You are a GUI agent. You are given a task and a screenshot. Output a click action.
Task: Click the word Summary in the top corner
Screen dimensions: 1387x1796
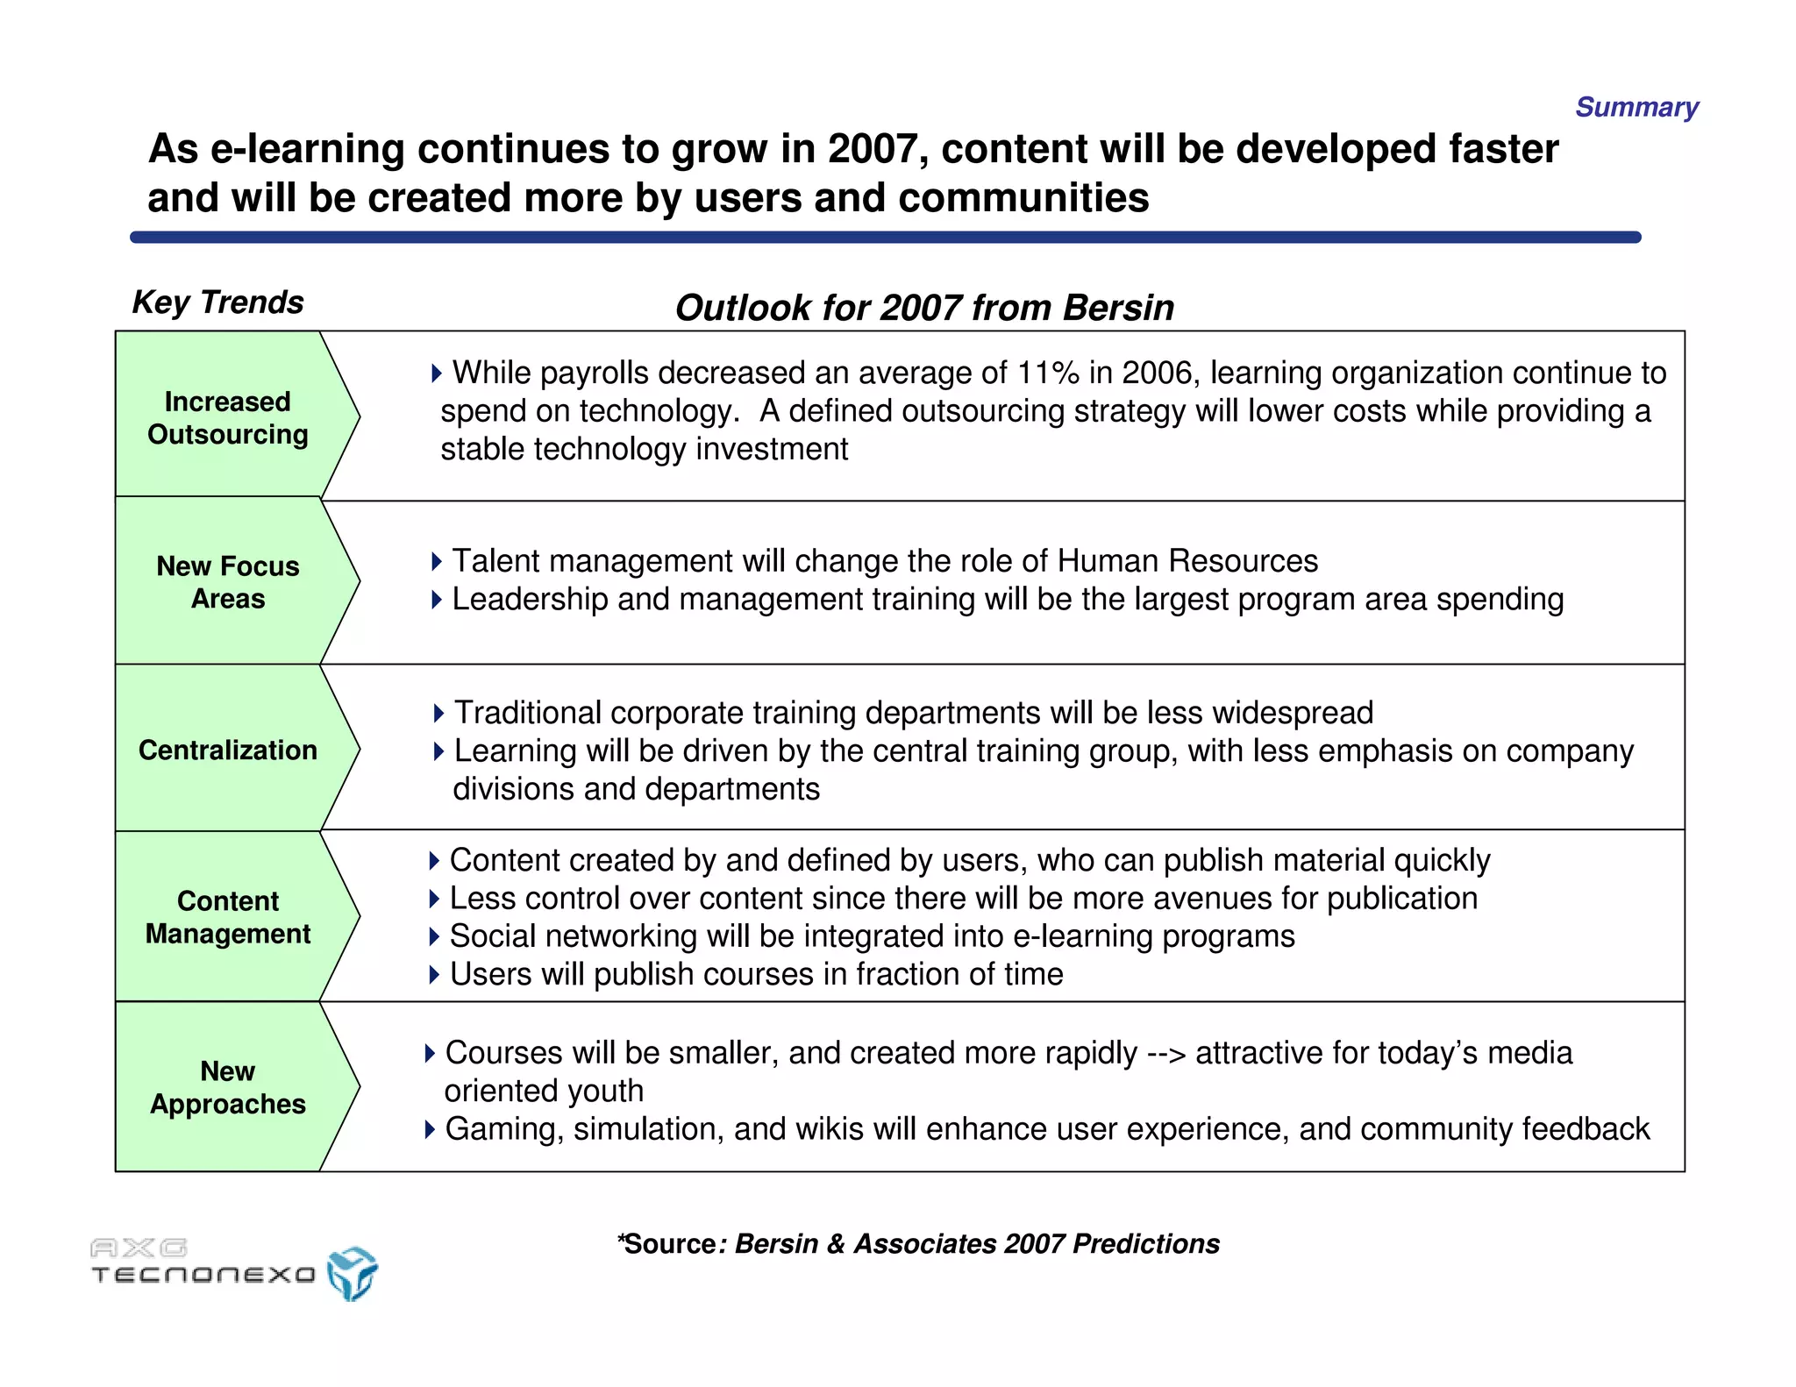(1636, 107)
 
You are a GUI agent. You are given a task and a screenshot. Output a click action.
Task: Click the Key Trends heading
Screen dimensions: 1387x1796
(217, 302)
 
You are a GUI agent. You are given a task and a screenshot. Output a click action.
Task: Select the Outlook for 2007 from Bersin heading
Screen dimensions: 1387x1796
(924, 309)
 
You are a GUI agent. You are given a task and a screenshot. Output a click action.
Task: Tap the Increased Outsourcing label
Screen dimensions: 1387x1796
(228, 417)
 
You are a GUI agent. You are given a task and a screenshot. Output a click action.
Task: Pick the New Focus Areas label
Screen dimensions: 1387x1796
(228, 582)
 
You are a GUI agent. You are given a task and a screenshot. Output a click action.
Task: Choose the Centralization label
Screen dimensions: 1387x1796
(228, 750)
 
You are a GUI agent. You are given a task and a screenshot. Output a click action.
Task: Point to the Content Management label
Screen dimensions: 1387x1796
(228, 917)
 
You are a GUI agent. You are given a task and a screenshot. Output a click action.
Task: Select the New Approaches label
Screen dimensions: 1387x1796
(228, 1087)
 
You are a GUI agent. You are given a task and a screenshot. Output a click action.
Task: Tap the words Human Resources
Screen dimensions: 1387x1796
(1187, 561)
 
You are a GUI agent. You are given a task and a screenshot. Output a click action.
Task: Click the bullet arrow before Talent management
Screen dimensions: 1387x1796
(436, 561)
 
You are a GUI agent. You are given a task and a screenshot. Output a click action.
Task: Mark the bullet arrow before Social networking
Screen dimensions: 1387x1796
(433, 936)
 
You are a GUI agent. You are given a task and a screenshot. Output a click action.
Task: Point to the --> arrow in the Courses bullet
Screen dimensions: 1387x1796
(1166, 1053)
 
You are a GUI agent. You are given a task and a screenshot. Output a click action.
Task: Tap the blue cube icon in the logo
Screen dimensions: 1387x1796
(353, 1273)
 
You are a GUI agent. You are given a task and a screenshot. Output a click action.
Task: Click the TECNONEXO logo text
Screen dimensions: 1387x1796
(203, 1274)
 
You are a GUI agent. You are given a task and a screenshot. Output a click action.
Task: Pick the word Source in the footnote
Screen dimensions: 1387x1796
(671, 1244)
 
